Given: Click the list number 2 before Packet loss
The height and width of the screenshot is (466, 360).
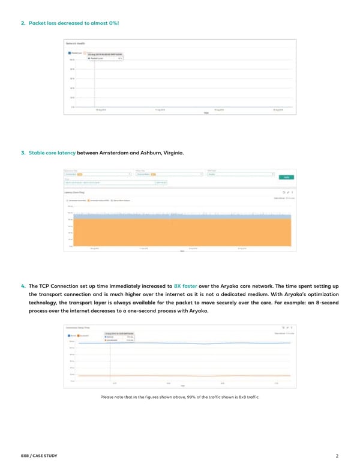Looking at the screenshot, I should pyautogui.click(x=23, y=22).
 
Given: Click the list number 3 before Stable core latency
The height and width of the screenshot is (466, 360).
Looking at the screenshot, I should pyautogui.click(x=23, y=152).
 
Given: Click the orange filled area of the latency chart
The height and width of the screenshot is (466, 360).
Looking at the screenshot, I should pyautogui.click(x=180, y=231).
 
